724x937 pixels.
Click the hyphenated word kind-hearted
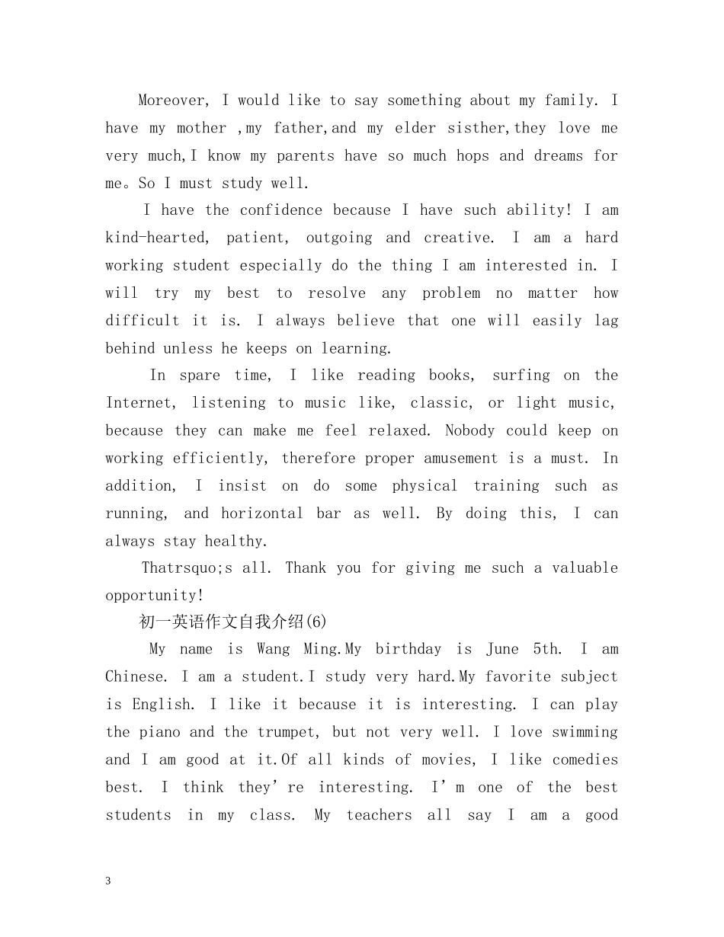pyautogui.click(x=155, y=238)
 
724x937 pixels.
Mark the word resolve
pyautogui.click(x=336, y=293)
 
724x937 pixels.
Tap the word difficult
pyautogui.click(x=142, y=321)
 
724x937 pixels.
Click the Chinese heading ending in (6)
pyautogui.click(x=232, y=622)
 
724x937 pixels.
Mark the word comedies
pyautogui.click(x=585, y=760)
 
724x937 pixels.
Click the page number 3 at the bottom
pyautogui.click(x=108, y=881)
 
